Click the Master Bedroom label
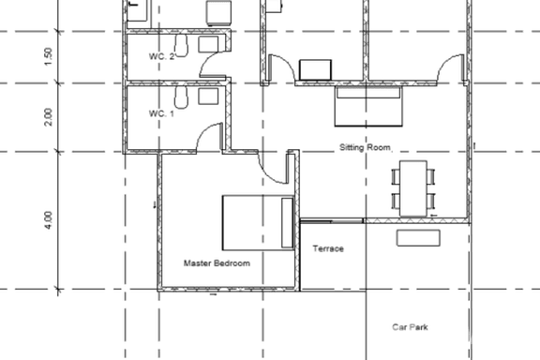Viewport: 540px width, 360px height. pyautogui.click(x=217, y=263)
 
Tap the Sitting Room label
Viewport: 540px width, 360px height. pyautogui.click(x=365, y=147)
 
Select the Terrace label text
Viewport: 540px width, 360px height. pyautogui.click(x=328, y=248)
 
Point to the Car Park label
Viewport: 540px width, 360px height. pyautogui.click(x=410, y=327)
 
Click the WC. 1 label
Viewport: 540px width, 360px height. pyautogui.click(x=162, y=113)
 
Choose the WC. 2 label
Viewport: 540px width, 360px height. pyautogui.click(x=162, y=57)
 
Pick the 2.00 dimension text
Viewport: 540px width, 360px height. pyautogui.click(x=49, y=117)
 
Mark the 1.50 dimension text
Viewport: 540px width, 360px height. pyautogui.click(x=49, y=56)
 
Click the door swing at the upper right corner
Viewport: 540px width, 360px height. pyautogui.click(x=450, y=67)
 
